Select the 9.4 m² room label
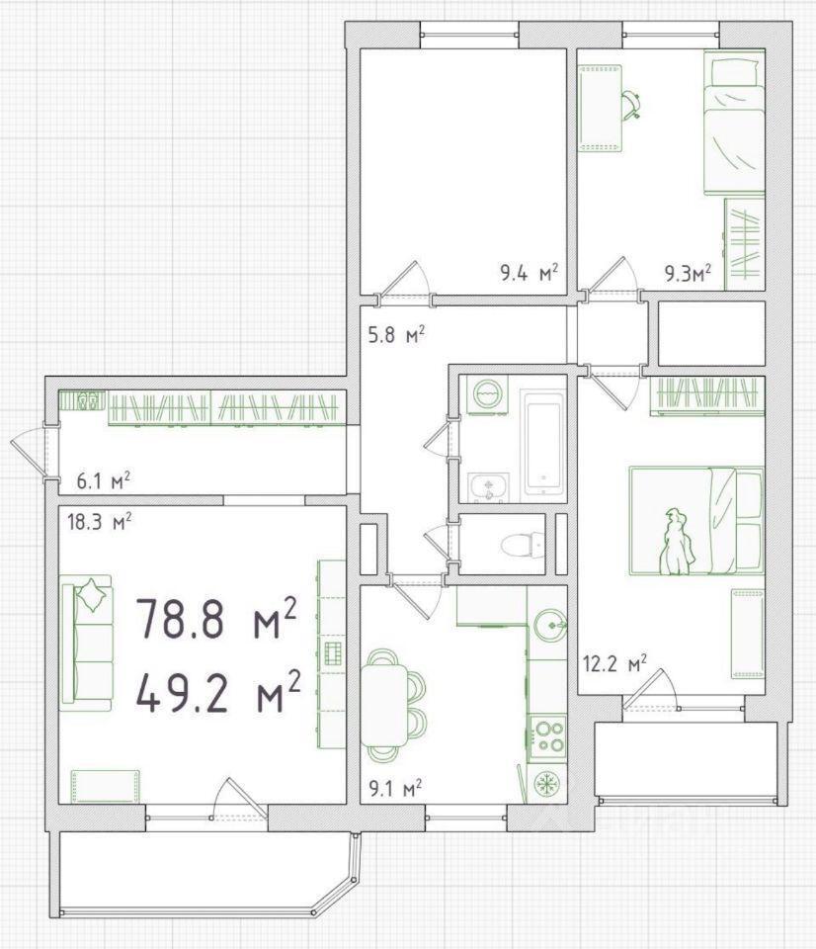coord(529,274)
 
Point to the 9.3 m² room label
coord(688,274)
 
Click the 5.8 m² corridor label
coord(397,334)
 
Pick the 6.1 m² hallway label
coord(104,481)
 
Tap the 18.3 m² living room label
coord(99,522)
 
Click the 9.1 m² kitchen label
coord(394,788)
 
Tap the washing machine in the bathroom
coord(487,395)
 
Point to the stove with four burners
coord(548,738)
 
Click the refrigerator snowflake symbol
coord(548,784)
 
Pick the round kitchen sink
coord(550,624)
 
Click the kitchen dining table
coord(385,705)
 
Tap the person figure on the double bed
coord(677,542)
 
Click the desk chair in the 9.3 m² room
coord(631,105)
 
